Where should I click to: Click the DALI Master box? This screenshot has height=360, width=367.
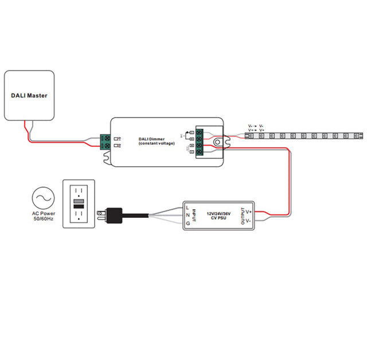click(29, 95)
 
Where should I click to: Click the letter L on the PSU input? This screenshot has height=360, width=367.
click(188, 207)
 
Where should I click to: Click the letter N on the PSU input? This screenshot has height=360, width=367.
click(188, 215)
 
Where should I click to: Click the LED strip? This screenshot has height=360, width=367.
click(304, 136)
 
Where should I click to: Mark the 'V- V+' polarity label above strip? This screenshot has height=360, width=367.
click(256, 128)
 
